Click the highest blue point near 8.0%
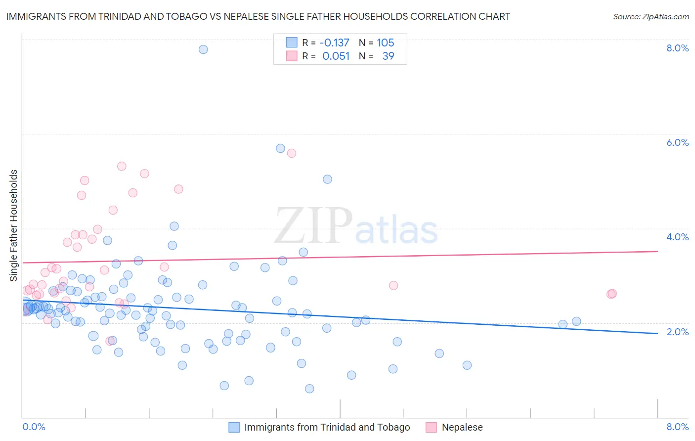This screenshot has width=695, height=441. [x=203, y=49]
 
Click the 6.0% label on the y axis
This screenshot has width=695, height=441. [x=677, y=142]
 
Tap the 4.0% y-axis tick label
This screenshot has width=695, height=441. [x=677, y=237]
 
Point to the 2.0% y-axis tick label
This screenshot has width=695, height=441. [x=677, y=332]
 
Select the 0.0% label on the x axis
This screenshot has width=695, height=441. [x=34, y=427]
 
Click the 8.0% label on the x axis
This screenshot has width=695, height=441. [x=677, y=427]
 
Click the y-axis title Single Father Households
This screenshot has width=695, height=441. [x=14, y=225]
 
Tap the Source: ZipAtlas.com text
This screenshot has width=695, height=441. [x=651, y=17]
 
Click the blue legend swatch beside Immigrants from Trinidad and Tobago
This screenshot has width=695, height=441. [x=234, y=427]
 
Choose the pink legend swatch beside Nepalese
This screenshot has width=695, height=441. [x=431, y=427]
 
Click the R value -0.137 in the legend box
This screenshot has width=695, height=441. [x=335, y=43]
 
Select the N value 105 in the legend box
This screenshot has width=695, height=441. [x=386, y=43]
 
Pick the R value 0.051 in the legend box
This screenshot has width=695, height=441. [x=336, y=56]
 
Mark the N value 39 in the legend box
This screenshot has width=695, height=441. [x=389, y=56]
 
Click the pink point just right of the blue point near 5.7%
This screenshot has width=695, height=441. [x=292, y=153]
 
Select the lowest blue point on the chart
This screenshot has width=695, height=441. [x=309, y=389]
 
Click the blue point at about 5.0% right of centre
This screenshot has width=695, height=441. [x=327, y=179]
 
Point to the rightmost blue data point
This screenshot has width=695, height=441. [x=576, y=321]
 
